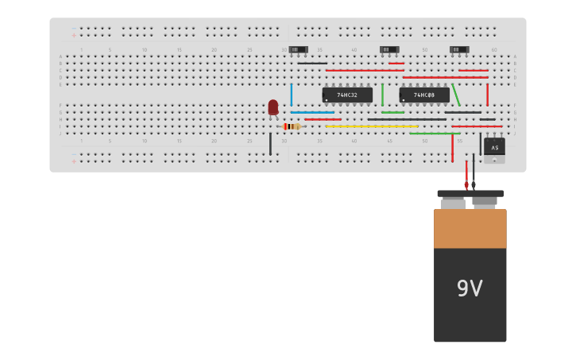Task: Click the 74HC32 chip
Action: pyautogui.click(x=347, y=95)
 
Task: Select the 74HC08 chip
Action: pyautogui.click(x=424, y=95)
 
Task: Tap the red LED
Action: pyautogui.click(x=273, y=106)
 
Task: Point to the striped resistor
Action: pyautogui.click(x=292, y=126)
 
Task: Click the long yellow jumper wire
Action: pyautogui.click(x=371, y=126)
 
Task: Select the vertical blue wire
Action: pyautogui.click(x=291, y=95)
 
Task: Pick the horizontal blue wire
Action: pyautogui.click(x=311, y=112)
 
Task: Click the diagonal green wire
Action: pyautogui.click(x=456, y=95)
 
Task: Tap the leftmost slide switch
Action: pyautogui.click(x=298, y=50)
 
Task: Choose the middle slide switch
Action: pyautogui.click(x=389, y=50)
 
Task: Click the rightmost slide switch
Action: pyautogui.click(x=459, y=50)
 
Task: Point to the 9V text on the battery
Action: pyautogui.click(x=470, y=288)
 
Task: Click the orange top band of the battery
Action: pyautogui.click(x=470, y=229)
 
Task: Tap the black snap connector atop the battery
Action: pyautogui.click(x=470, y=193)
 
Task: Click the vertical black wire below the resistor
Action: pyautogui.click(x=270, y=144)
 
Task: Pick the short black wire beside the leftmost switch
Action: pyautogui.click(x=312, y=64)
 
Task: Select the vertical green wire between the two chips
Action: pyautogui.click(x=382, y=95)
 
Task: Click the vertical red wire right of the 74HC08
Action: pyautogui.click(x=487, y=95)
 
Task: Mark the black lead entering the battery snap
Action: pyautogui.click(x=474, y=171)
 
